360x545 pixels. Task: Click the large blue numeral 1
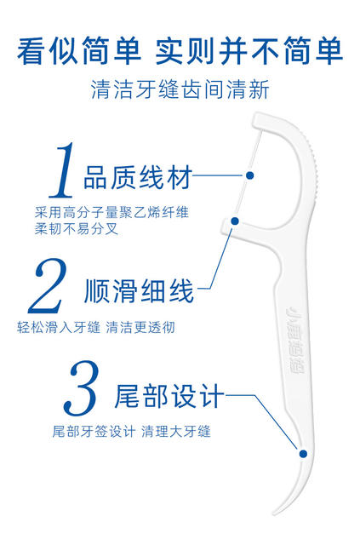pyautogui.click(x=62, y=170)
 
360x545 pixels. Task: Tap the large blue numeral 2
pyautogui.click(x=48, y=286)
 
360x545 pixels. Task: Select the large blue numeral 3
pyautogui.click(x=81, y=388)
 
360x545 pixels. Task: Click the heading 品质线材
pyautogui.click(x=138, y=177)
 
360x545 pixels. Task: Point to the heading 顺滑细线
pyautogui.click(x=139, y=291)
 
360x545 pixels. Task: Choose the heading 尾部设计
pyautogui.click(x=169, y=395)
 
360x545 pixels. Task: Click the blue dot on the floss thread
pyautogui.click(x=249, y=175)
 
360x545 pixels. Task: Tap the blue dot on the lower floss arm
pyautogui.click(x=235, y=221)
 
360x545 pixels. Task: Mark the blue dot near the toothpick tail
pyautogui.click(x=303, y=454)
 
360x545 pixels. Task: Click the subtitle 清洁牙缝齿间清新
pyautogui.click(x=180, y=89)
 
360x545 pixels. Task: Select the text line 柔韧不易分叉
pyautogui.click(x=77, y=229)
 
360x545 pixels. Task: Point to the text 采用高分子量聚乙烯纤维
pyautogui.click(x=111, y=212)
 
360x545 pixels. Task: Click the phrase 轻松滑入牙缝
pyautogui.click(x=59, y=327)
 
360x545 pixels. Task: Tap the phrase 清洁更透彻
pyautogui.click(x=140, y=327)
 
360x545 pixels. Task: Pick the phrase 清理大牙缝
pyautogui.click(x=176, y=432)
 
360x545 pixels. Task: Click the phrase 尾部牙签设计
pyautogui.click(x=94, y=432)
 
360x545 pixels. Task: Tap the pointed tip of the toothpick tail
pyautogui.click(x=274, y=513)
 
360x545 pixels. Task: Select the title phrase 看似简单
pyautogui.click(x=79, y=51)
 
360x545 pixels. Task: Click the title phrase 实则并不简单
pyautogui.click(x=249, y=51)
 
